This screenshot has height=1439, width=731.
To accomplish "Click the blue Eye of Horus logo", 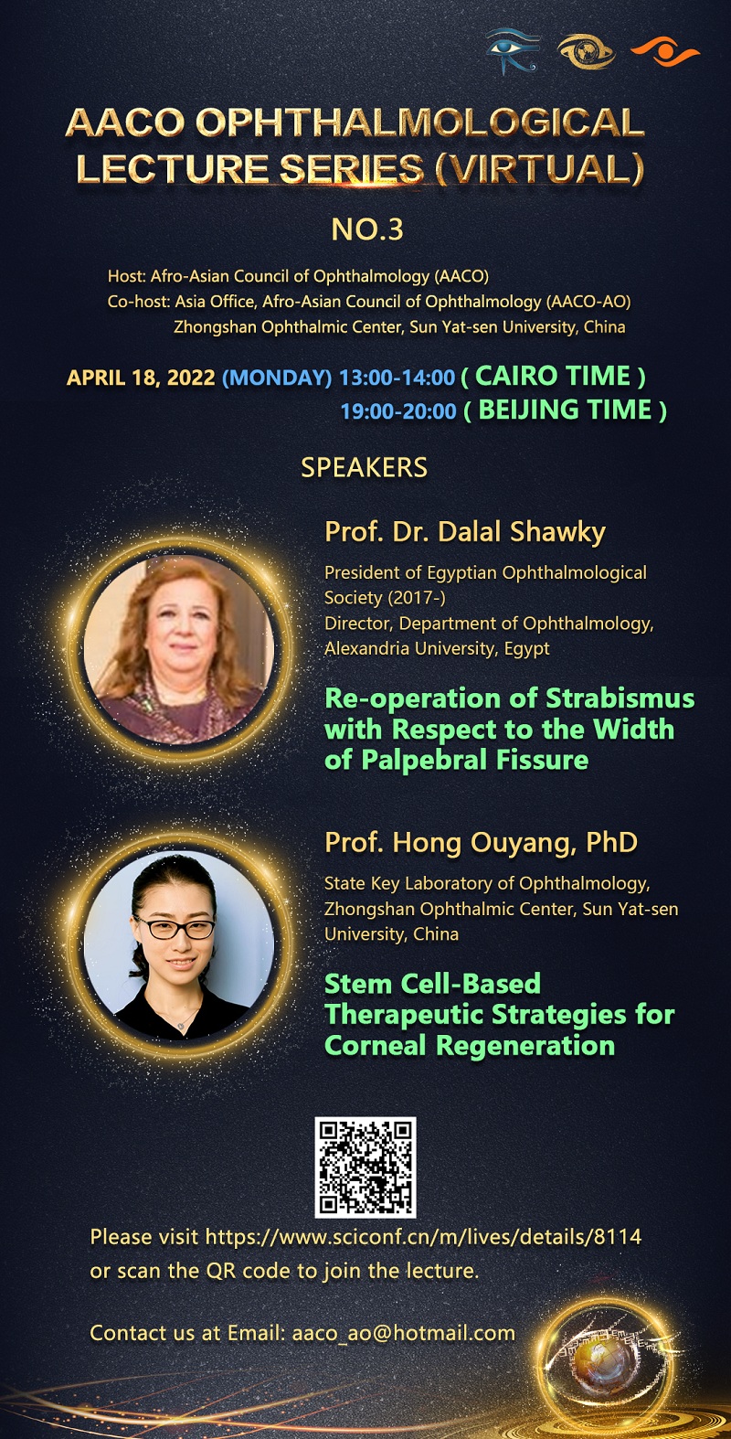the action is pos(512,50).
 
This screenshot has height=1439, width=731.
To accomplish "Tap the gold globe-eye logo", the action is pos(586,51).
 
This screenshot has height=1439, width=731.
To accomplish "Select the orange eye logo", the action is pos(664,51).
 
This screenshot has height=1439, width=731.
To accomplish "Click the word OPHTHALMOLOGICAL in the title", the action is pos(419,123).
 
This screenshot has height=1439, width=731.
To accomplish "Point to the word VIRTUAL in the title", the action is pos(538,168).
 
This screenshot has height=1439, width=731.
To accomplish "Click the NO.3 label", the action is pos(367,229).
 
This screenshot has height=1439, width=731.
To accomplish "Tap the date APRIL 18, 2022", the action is pos(141,377).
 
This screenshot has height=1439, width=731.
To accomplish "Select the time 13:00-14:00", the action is pos(397,377).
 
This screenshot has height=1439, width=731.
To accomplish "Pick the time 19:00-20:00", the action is pos(397,411).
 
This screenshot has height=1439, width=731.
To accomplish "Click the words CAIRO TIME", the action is pos(553,376).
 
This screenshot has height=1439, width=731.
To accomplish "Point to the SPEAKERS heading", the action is pos(364,467).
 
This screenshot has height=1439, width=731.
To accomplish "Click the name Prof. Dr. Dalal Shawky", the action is pos(465,532).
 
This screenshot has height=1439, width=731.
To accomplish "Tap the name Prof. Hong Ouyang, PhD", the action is pos(481,842).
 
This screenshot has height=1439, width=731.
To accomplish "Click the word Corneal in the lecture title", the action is pos(376,1045).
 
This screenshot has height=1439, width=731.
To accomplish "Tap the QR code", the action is pos(365,1167).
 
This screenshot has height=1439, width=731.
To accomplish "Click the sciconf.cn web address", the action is pos(423,1237).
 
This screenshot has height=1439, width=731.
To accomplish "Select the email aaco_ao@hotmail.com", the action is pos(403,1333).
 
